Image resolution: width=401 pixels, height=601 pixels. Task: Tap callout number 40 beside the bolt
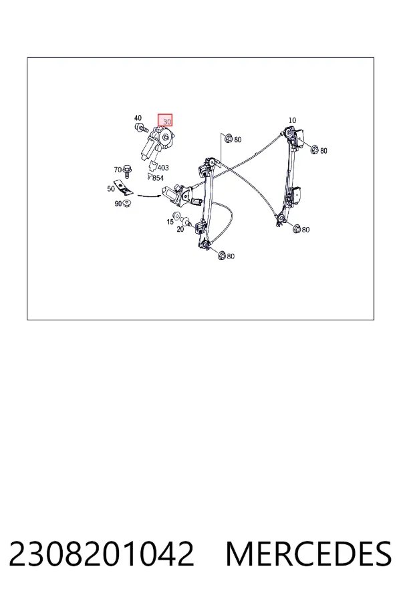click(x=138, y=118)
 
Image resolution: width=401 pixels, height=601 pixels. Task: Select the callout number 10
click(x=292, y=120)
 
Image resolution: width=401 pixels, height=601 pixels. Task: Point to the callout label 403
click(x=163, y=168)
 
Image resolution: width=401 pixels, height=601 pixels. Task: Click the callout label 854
click(x=158, y=178)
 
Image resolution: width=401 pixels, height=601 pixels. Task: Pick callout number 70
click(x=118, y=170)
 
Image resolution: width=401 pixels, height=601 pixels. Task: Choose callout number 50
click(x=111, y=188)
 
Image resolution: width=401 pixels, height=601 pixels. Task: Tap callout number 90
click(x=118, y=204)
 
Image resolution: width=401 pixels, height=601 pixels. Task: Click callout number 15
click(x=170, y=222)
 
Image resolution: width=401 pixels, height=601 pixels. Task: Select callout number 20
click(x=180, y=229)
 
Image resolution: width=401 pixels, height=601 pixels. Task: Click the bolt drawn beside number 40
click(x=141, y=128)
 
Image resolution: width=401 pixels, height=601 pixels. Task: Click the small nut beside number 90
click(x=128, y=203)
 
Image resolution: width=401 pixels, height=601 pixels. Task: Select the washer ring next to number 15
click(x=177, y=216)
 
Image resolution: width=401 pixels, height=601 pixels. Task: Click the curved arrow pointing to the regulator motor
click(x=149, y=196)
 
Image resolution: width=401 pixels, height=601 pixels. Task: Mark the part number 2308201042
click(x=102, y=554)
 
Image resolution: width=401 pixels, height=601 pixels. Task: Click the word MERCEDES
click(x=309, y=554)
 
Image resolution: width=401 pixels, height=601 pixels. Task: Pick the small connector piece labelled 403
click(x=153, y=167)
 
